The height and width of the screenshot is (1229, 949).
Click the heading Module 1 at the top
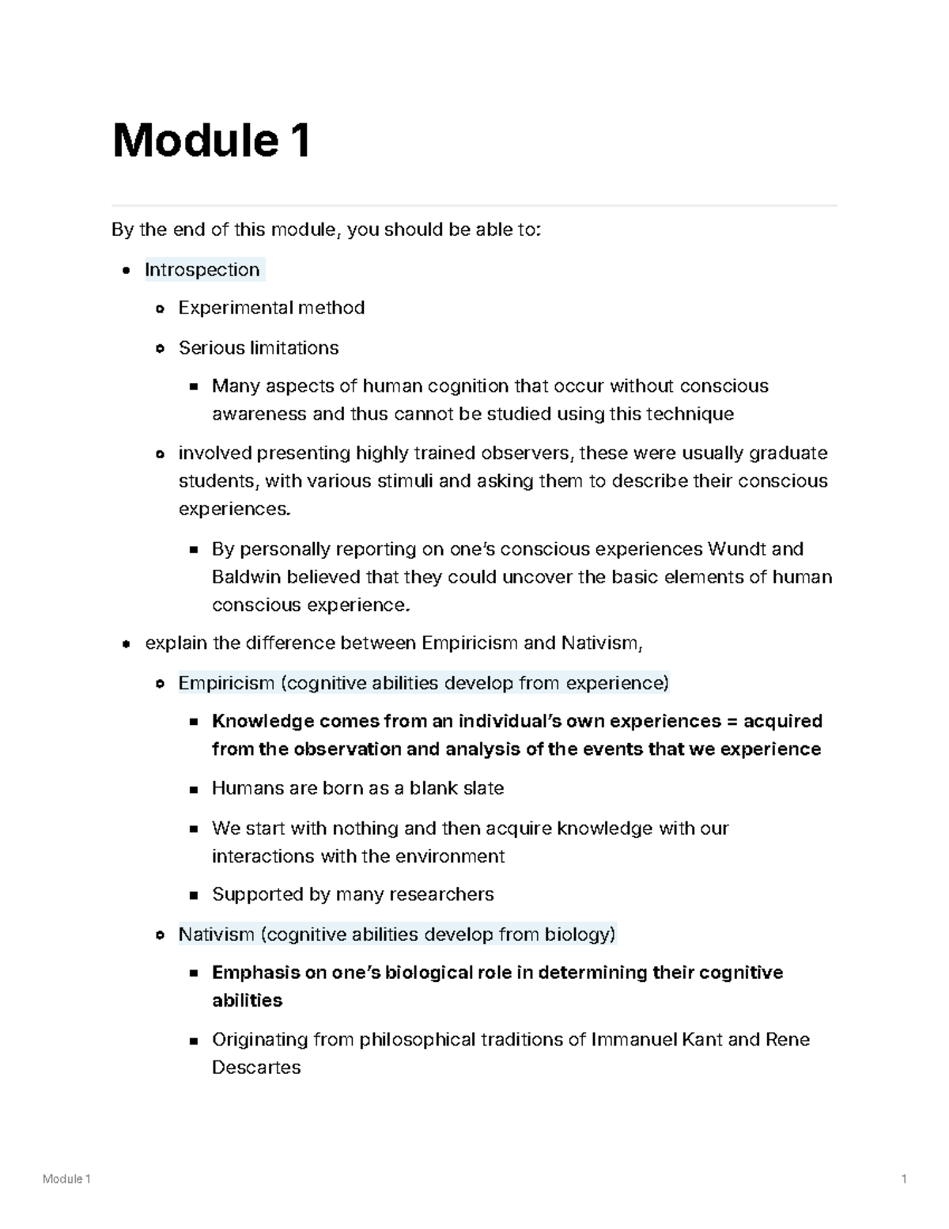(211, 141)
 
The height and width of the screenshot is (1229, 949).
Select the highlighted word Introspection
(202, 270)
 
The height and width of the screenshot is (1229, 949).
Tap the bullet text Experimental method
(271, 308)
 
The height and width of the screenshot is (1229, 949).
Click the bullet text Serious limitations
(259, 348)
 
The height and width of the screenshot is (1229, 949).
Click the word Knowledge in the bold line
(263, 722)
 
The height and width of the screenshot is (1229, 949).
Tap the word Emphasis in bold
(255, 973)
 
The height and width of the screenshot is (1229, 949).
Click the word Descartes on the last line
(256, 1068)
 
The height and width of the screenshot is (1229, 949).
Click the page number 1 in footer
(903, 1179)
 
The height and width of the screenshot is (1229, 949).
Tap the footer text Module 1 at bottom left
(67, 1179)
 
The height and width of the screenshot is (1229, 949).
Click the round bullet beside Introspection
(127, 271)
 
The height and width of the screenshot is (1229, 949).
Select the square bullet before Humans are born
(194, 790)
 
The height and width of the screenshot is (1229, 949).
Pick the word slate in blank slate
(483, 789)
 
